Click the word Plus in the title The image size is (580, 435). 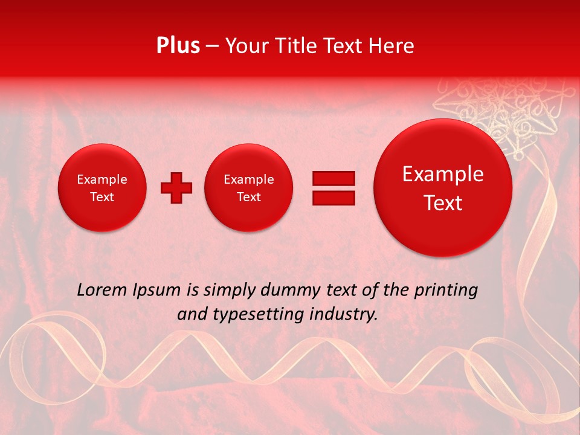pyautogui.click(x=178, y=46)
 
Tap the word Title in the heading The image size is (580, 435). pyautogui.click(x=296, y=46)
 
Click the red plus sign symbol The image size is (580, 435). pyautogui.click(x=176, y=187)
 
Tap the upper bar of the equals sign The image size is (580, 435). pyautogui.click(x=333, y=178)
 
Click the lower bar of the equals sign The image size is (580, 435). pyautogui.click(x=333, y=198)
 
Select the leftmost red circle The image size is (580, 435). pyautogui.click(x=102, y=187)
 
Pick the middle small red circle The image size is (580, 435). pyautogui.click(x=249, y=187)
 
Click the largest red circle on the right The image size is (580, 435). pyautogui.click(x=443, y=187)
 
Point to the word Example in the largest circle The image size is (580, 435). pyautogui.click(x=443, y=174)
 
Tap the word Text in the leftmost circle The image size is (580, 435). pyautogui.click(x=102, y=197)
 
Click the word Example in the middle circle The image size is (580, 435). pyautogui.click(x=249, y=179)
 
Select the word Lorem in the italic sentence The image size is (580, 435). pyautogui.click(x=102, y=291)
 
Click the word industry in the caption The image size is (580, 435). pyautogui.click(x=348, y=314)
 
